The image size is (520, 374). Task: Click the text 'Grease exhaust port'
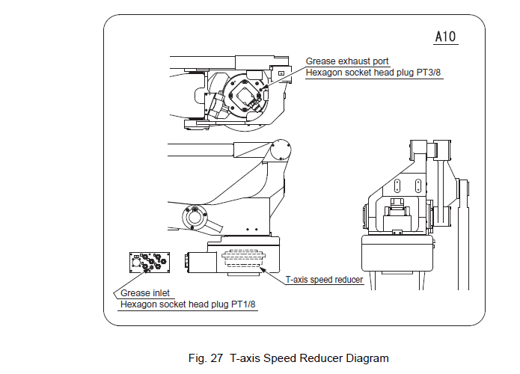[x=347, y=61]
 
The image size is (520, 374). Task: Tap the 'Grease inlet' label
[x=144, y=294]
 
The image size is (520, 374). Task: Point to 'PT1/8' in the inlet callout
[x=243, y=304]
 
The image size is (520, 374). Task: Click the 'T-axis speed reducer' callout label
[x=325, y=280]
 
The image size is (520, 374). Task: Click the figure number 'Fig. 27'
[x=207, y=358]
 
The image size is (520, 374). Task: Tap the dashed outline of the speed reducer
[x=244, y=258]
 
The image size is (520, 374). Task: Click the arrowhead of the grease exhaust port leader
[x=263, y=94]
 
